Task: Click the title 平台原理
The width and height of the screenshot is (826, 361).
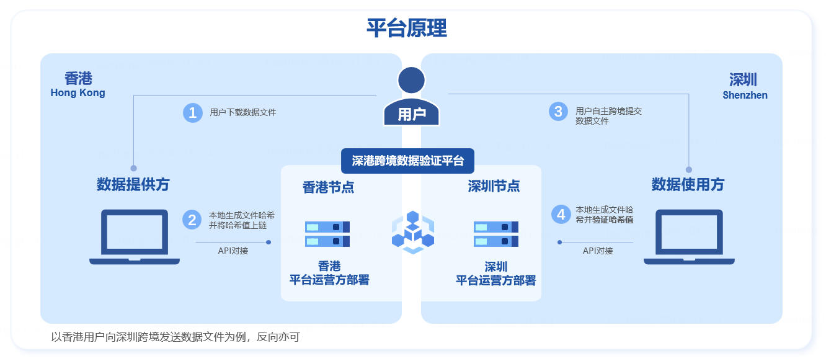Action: coord(407,29)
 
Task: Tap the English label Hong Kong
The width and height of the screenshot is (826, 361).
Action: coord(78,93)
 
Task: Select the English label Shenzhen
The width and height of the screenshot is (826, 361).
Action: coord(745,96)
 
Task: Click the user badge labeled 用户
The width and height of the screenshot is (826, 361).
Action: coord(412,114)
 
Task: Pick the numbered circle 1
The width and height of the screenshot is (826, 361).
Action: coord(193,112)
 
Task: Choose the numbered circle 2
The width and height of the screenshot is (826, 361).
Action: coord(192,220)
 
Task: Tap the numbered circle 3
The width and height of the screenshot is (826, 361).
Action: coord(559,112)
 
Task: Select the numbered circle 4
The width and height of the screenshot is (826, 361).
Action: coord(561,215)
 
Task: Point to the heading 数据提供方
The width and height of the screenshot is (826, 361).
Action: coord(133,184)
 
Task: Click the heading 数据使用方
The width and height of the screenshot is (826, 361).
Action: coord(688,184)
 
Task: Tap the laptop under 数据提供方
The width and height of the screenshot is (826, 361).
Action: coord(135,237)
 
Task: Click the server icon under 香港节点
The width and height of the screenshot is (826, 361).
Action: coord(327,234)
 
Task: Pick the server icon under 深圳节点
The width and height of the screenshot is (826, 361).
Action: coord(495,234)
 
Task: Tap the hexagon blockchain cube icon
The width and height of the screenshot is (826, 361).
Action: coord(412,232)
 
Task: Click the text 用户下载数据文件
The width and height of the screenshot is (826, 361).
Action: coord(243,112)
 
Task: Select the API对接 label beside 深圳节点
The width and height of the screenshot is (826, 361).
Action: coord(598,251)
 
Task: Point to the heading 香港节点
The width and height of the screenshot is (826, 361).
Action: coord(328,187)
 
